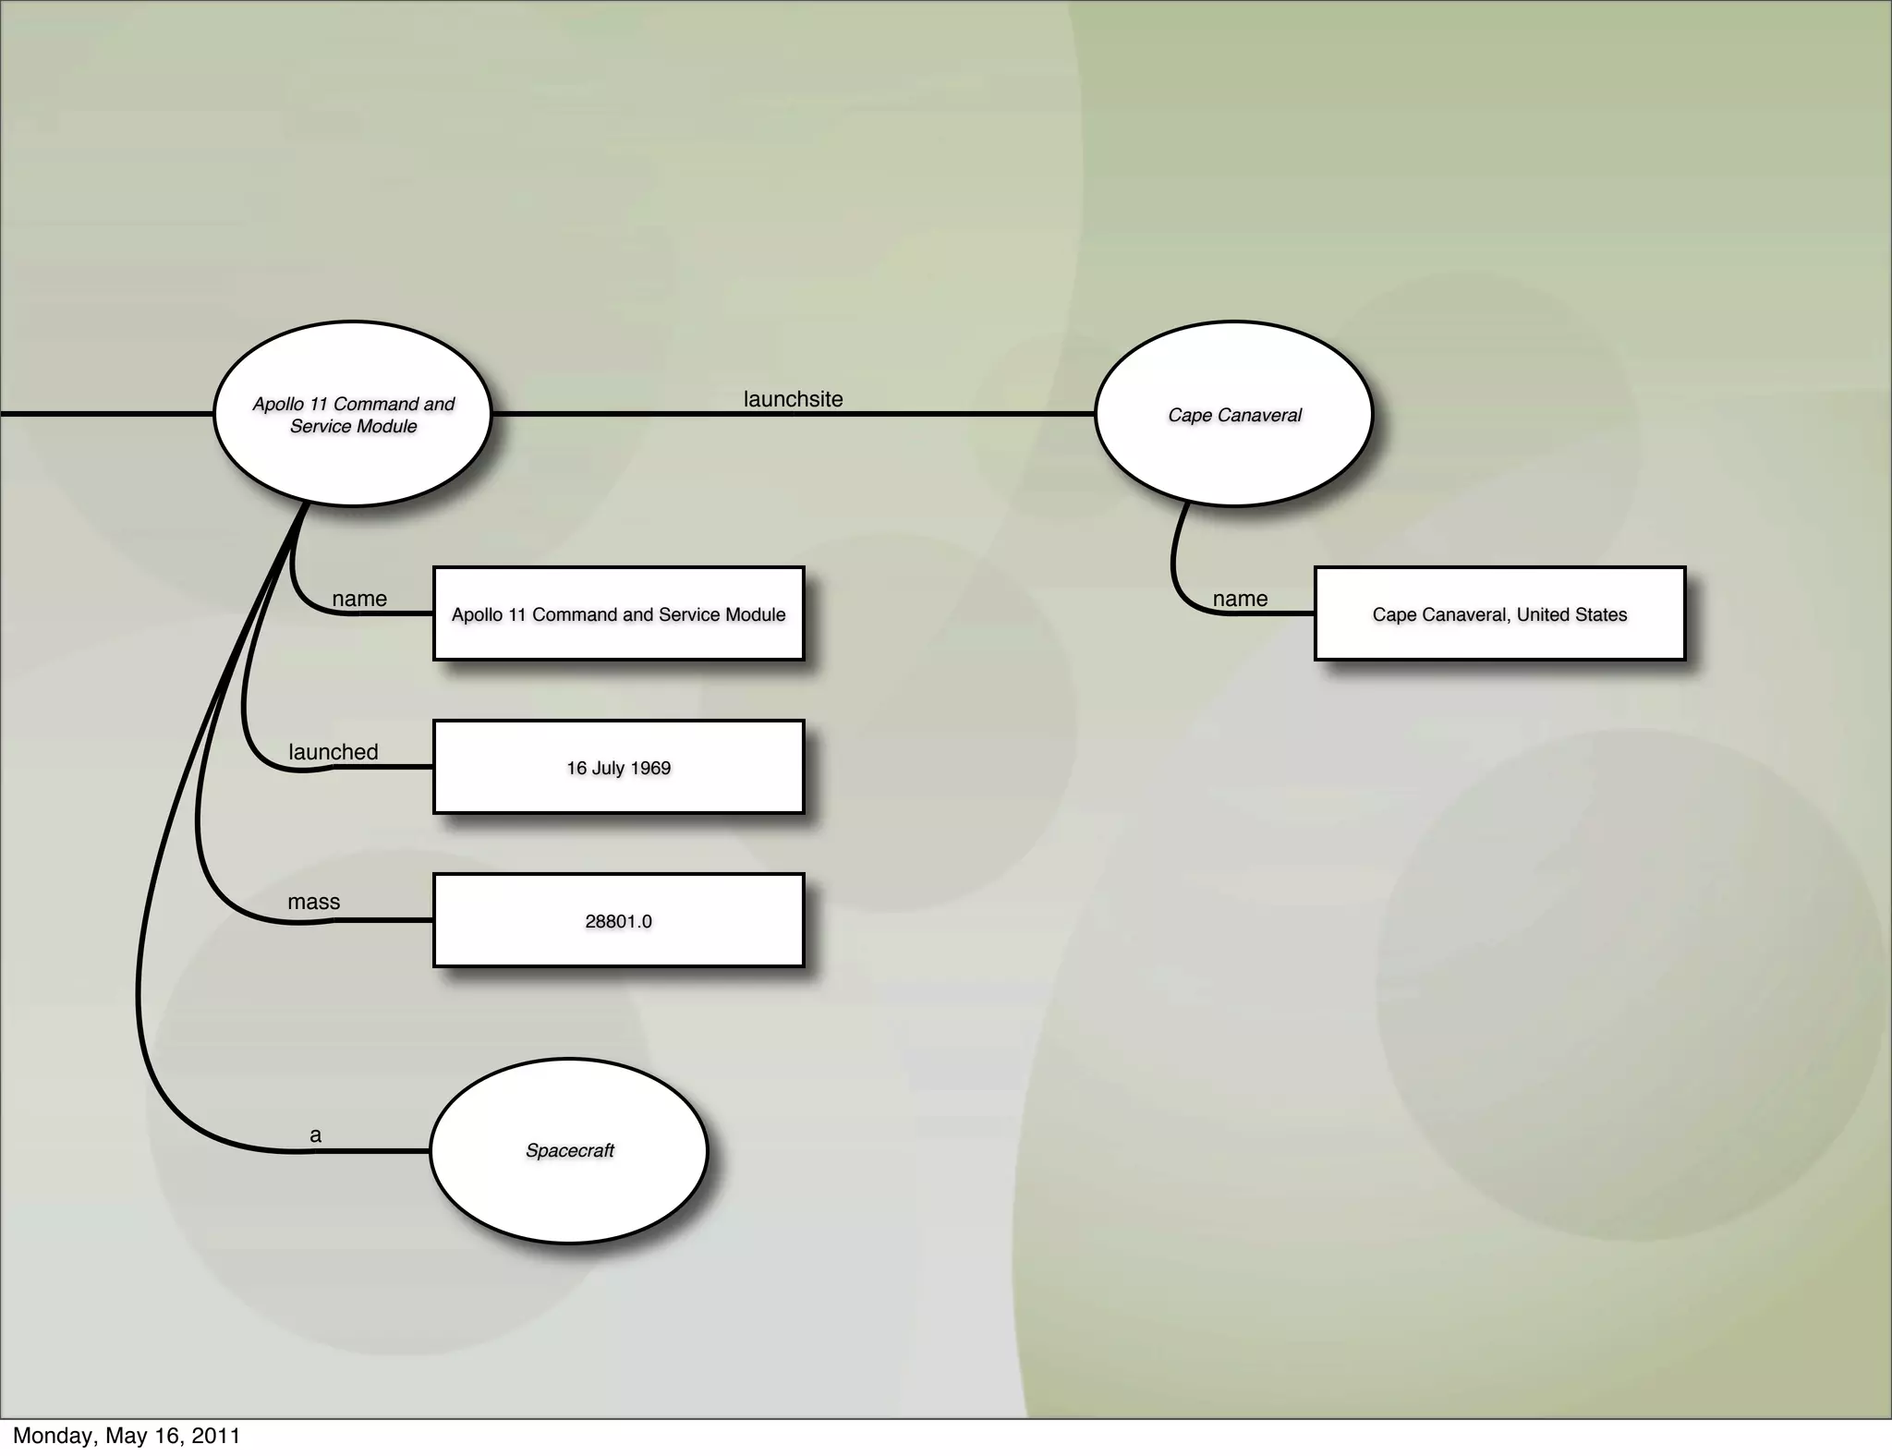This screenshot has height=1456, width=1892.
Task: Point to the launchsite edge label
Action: pyautogui.click(x=793, y=399)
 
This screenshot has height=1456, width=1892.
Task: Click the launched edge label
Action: pyautogui.click(x=333, y=752)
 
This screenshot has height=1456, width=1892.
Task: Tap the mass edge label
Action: pyautogui.click(x=313, y=902)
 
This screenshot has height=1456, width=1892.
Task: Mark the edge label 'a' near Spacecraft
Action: pyautogui.click(x=315, y=1135)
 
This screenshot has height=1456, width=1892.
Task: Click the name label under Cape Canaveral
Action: pyautogui.click(x=1240, y=599)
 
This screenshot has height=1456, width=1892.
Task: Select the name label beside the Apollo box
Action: pyautogui.click(x=358, y=599)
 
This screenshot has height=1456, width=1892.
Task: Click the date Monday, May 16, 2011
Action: pyautogui.click(x=127, y=1436)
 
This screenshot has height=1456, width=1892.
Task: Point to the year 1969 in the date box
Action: pyautogui.click(x=651, y=768)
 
